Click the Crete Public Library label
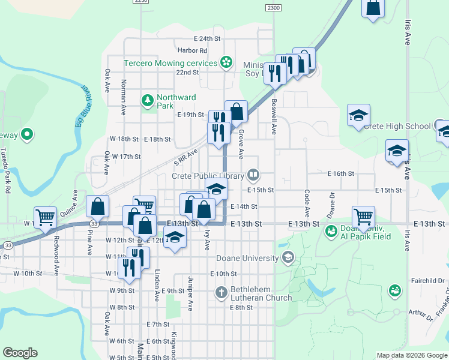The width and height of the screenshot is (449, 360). (208, 176)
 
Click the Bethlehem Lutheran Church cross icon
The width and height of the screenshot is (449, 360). (221, 293)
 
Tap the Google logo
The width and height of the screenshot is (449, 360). (20, 353)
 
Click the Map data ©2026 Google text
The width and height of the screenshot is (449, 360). (411, 355)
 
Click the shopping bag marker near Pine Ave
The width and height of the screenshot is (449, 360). (97, 206)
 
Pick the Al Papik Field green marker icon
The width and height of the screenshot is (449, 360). (330, 230)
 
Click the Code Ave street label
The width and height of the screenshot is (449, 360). (307, 203)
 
